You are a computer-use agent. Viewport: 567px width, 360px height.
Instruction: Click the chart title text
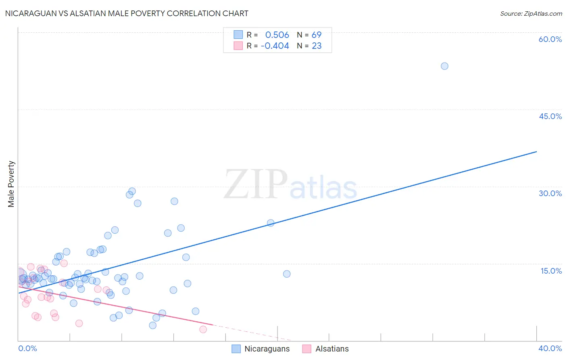pyautogui.click(x=126, y=13)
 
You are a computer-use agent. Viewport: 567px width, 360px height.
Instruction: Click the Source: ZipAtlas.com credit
pyautogui.click(x=531, y=13)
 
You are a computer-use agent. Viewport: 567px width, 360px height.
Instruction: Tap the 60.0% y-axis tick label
pyautogui.click(x=550, y=39)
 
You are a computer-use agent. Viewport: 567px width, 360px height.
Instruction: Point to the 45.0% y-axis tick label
pyautogui.click(x=550, y=116)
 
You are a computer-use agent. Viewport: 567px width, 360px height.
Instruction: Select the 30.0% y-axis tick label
pyautogui.click(x=550, y=193)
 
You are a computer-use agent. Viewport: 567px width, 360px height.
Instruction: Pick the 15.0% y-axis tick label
pyautogui.click(x=551, y=271)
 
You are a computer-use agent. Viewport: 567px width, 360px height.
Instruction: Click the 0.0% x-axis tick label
pyautogui.click(x=27, y=348)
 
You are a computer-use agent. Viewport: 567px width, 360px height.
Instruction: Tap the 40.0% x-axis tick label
pyautogui.click(x=550, y=348)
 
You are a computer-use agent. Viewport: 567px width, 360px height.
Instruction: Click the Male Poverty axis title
pyautogui.click(x=11, y=184)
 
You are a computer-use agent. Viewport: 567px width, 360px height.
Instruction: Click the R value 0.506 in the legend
pyautogui.click(x=277, y=35)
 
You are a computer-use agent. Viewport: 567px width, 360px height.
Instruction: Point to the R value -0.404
pyautogui.click(x=275, y=46)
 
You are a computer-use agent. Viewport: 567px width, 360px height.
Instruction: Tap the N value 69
pyautogui.click(x=317, y=35)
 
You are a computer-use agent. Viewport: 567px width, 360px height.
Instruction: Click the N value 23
pyautogui.click(x=317, y=46)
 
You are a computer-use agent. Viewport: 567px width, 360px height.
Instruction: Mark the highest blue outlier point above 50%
pyautogui.click(x=444, y=66)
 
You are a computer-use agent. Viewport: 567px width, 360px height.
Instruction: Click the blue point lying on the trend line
pyautogui.click(x=271, y=223)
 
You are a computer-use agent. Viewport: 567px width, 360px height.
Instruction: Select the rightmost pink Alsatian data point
pyautogui.click(x=203, y=329)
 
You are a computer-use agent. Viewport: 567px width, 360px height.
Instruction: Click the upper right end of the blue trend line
pyautogui.click(x=536, y=152)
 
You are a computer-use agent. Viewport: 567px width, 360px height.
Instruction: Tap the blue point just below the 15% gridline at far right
pyautogui.click(x=287, y=274)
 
